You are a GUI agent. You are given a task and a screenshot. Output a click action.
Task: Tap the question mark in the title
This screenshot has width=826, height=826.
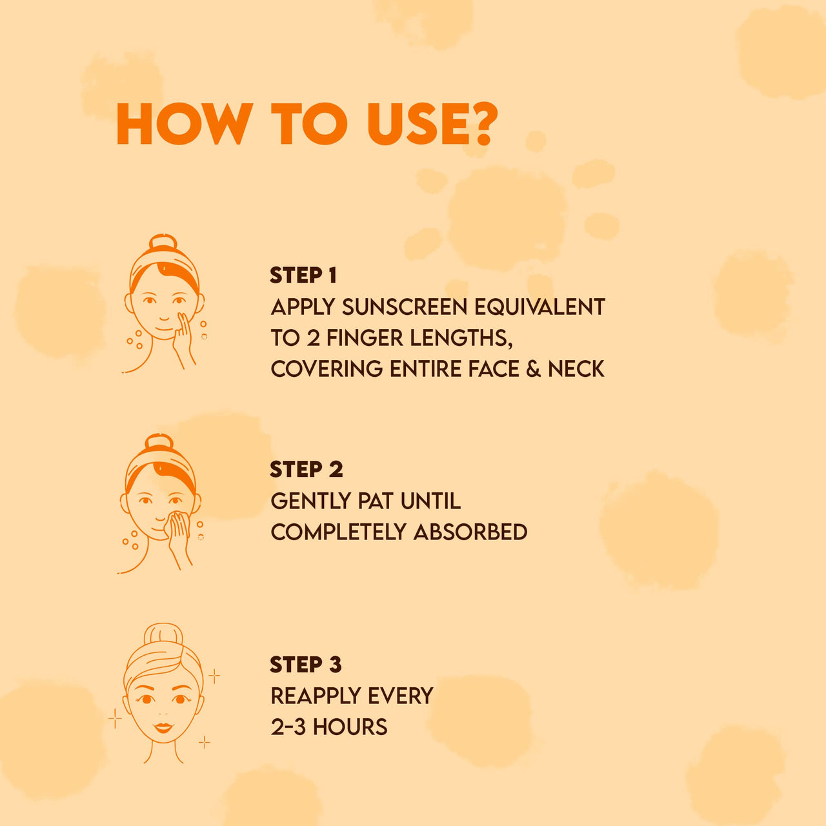[481, 124]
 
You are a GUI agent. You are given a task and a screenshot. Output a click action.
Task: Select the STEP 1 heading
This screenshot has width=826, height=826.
[303, 276]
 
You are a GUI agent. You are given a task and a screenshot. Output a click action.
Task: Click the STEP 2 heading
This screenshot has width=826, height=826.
[306, 469]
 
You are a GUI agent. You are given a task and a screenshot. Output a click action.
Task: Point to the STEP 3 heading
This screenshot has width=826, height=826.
[305, 664]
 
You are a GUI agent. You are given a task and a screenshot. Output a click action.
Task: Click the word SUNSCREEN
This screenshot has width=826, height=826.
[404, 307]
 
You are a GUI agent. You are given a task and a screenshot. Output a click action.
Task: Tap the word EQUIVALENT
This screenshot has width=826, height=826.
[539, 307]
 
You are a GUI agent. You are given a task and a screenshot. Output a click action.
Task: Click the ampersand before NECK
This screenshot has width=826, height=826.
[533, 369]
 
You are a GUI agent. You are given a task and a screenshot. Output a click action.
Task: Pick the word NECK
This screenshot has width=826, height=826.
[576, 369]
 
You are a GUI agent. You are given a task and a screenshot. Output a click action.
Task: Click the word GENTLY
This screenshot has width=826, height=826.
[310, 501]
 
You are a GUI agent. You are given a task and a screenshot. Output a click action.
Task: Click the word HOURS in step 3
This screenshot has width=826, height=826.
[350, 727]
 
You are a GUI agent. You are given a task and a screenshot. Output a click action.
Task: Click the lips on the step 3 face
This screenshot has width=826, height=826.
[163, 727]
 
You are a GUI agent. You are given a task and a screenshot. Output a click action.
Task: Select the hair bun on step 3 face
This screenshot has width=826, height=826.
[163, 636]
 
